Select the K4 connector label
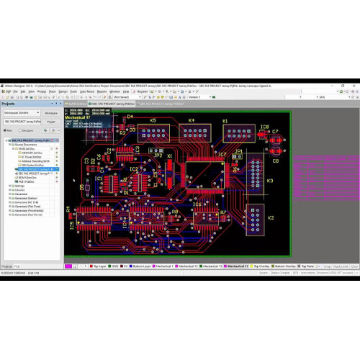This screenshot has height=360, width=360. pyautogui.click(x=192, y=120)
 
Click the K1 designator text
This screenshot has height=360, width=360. pyautogui.click(x=225, y=120)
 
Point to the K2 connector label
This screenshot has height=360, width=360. pyautogui.click(x=270, y=217)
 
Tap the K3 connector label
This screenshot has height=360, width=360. pyautogui.click(x=270, y=181)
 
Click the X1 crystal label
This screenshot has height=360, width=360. pyautogui.click(x=170, y=156)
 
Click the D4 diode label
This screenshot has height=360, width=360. pyautogui.click(x=130, y=117)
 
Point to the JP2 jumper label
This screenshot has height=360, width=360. pyautogui.click(x=157, y=154)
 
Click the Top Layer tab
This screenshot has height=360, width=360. pyautogui.click(x=99, y=266)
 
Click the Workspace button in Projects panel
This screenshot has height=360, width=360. pyautogui.click(x=50, y=113)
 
